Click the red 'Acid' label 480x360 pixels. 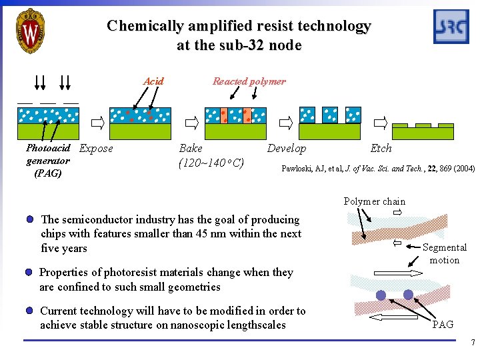coord(153,81)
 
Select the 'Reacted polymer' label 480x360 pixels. coord(249,81)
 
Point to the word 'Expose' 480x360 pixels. coord(96,149)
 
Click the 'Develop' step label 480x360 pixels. coord(287,149)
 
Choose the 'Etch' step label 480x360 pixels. coord(381,149)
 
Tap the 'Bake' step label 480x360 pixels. coord(191,149)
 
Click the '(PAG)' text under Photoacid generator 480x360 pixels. coord(47,173)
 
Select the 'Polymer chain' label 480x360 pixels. coord(374,201)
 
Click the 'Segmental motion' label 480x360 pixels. coord(445,253)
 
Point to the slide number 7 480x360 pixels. coord(473,344)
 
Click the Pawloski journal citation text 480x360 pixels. coord(378,168)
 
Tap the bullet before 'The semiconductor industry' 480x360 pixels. coord(31,219)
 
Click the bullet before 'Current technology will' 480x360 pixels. coord(30,311)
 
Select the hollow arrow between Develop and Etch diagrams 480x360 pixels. coord(381,123)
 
